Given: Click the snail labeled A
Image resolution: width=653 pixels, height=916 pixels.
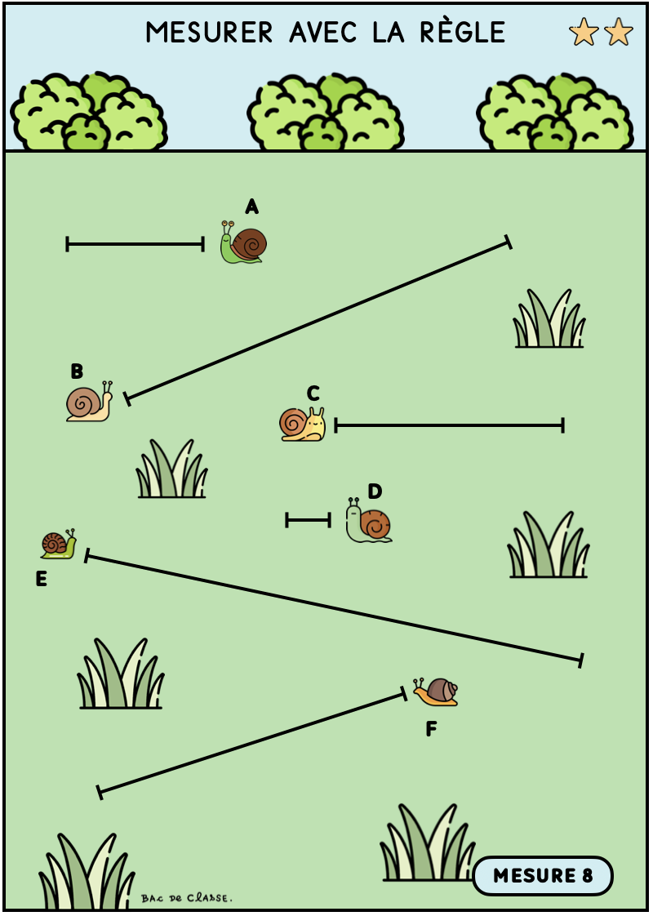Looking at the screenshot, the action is (x=243, y=242).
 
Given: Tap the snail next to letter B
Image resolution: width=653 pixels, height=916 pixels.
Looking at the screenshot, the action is (x=89, y=402).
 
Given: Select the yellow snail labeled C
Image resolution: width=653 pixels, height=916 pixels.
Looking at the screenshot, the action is (x=303, y=424).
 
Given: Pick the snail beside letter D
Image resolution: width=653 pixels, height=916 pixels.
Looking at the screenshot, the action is (x=369, y=521).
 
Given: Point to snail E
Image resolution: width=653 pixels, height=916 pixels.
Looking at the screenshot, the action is (x=59, y=544).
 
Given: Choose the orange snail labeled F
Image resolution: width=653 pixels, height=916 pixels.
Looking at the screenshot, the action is (x=436, y=691).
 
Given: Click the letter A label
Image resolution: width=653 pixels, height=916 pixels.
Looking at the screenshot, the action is (x=251, y=207).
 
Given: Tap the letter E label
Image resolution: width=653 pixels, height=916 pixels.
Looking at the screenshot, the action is (x=41, y=579).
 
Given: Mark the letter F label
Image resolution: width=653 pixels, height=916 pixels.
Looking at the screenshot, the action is (x=431, y=729).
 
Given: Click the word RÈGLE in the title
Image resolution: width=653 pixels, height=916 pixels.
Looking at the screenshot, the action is (x=463, y=32).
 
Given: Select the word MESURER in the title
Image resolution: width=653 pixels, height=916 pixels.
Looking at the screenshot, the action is (x=209, y=33).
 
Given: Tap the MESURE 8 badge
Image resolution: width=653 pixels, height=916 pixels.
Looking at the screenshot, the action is (x=543, y=876).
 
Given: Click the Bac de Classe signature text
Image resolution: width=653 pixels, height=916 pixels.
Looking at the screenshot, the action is (x=186, y=898).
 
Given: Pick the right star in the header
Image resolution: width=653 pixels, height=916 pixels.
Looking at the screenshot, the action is (x=619, y=32).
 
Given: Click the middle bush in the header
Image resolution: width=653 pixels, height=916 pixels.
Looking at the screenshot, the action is (x=326, y=112).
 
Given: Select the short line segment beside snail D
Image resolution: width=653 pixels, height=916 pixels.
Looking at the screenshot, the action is (x=309, y=520).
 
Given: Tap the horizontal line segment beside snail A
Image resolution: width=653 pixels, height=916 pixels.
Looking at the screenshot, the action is (x=135, y=244).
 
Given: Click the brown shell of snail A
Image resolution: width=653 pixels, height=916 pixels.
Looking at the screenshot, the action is (x=251, y=243).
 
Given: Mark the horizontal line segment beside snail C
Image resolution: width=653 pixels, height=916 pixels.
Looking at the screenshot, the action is (x=449, y=426).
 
